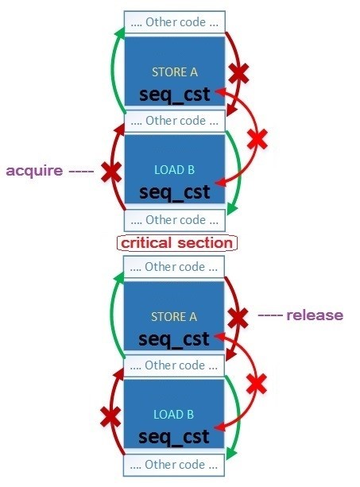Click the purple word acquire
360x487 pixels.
34,171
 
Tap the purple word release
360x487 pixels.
315,315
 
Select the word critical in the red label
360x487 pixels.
146,242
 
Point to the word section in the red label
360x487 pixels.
205,242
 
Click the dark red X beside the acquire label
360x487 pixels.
111,172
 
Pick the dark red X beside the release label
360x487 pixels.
238,318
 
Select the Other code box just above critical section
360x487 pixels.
175,220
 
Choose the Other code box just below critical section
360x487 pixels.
174,267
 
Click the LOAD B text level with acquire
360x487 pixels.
175,170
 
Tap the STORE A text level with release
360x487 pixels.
174,317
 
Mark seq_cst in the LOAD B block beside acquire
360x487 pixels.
175,192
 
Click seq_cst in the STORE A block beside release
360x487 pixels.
174,339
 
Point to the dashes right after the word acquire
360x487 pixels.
81,171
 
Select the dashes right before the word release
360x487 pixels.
270,315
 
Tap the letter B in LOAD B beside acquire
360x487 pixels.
191,170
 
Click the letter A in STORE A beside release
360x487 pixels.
193,317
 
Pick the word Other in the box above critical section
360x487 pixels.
160,220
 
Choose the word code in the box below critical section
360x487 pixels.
191,267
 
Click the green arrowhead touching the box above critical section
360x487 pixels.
232,209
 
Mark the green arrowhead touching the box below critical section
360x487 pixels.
118,276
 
